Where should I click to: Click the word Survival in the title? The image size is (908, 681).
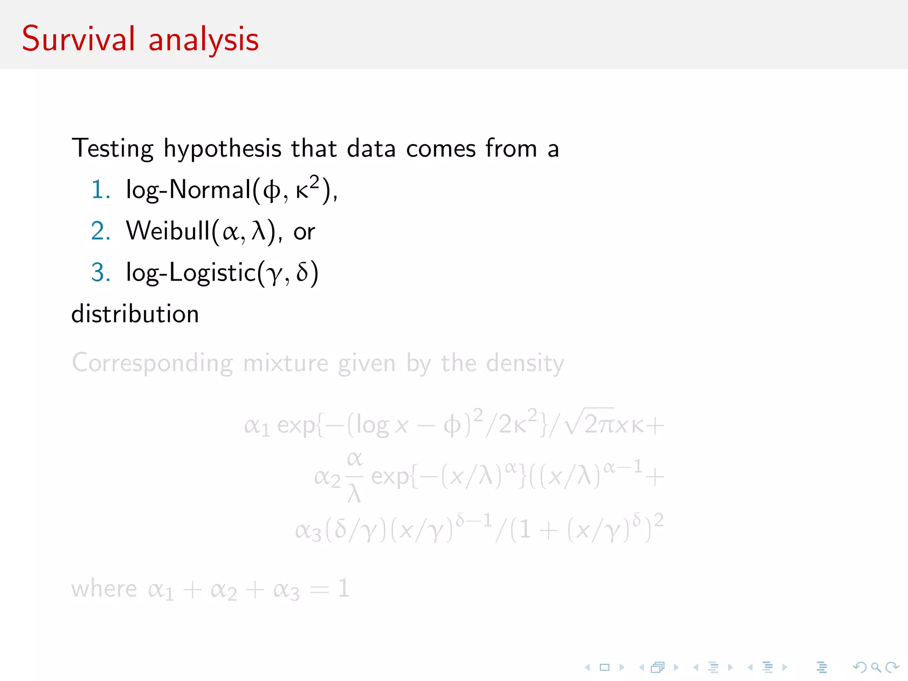pyautogui.click(x=78, y=39)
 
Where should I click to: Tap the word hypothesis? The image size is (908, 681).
pyautogui.click(x=222, y=149)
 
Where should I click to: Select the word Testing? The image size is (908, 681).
pyautogui.click(x=113, y=149)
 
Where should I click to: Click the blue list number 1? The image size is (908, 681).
pyautogui.click(x=99, y=190)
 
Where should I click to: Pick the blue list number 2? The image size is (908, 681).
pyautogui.click(x=100, y=231)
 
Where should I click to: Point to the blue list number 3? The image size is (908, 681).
pyautogui.click(x=100, y=272)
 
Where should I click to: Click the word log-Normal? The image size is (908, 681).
pyautogui.click(x=188, y=190)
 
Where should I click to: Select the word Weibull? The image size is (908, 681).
pyautogui.click(x=168, y=231)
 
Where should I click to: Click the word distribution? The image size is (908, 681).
pyautogui.click(x=135, y=314)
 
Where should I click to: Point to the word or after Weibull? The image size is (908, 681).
pyautogui.click(x=304, y=232)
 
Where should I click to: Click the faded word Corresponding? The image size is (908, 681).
pyautogui.click(x=152, y=364)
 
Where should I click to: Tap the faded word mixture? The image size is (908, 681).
pyautogui.click(x=286, y=364)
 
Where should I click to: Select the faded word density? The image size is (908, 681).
pyautogui.click(x=525, y=364)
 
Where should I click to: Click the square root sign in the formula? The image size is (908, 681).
pyautogui.click(x=572, y=423)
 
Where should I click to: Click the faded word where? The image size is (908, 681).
pyautogui.click(x=104, y=589)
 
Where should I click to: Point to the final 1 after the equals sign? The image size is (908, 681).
pyautogui.click(x=344, y=589)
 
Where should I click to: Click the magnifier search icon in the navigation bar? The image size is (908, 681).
pyautogui.click(x=876, y=667)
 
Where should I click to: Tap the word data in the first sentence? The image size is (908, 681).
pyautogui.click(x=371, y=149)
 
